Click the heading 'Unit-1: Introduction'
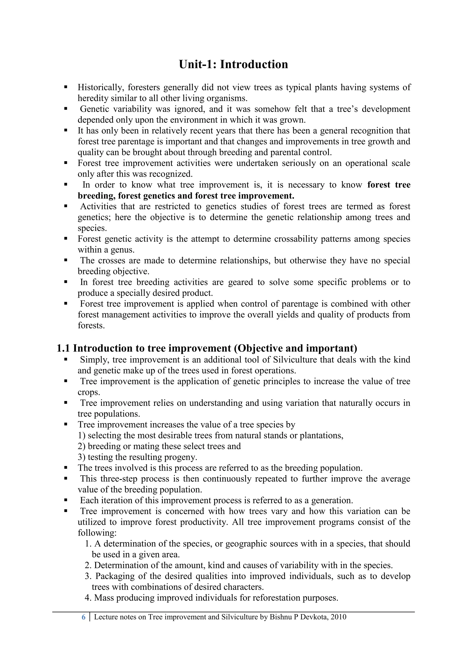click(233, 64)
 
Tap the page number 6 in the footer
click(83, 617)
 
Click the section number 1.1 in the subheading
click(63, 348)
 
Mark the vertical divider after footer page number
click(90, 617)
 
